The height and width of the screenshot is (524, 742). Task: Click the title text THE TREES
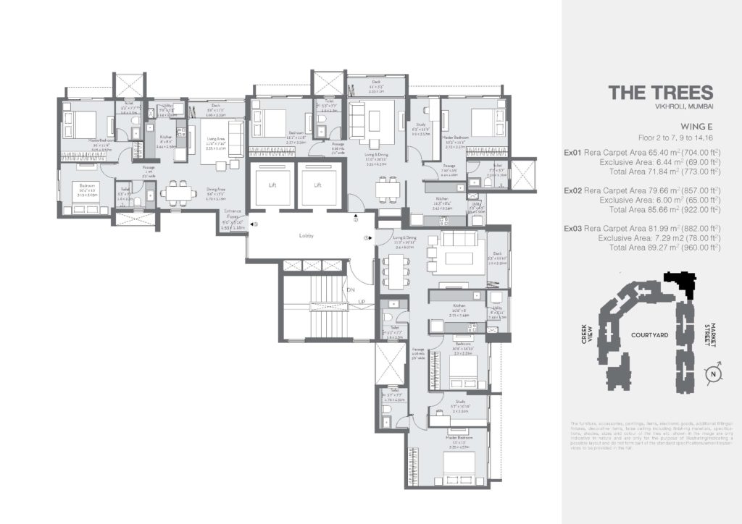coord(660,93)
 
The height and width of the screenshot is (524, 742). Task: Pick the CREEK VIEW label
coord(594,334)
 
